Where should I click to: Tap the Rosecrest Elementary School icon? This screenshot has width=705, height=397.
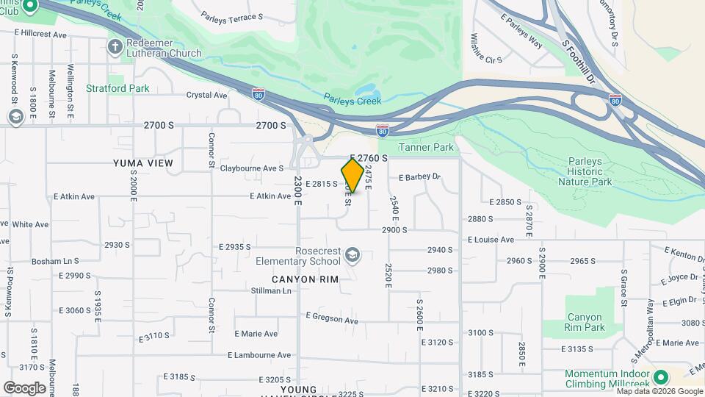352,254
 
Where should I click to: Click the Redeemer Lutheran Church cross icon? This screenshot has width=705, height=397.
115,48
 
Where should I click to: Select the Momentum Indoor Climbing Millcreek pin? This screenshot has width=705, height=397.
660,378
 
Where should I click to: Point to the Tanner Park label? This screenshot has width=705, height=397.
426,148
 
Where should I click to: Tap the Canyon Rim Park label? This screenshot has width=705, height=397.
585,322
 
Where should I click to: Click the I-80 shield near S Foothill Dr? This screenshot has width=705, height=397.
615,99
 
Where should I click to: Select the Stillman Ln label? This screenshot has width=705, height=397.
270,290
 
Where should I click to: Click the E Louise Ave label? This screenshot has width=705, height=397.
491,240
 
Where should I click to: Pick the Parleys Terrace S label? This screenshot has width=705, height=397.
231,16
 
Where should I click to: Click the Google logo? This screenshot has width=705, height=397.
24,387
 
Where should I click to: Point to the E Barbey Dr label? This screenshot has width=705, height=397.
419,177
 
